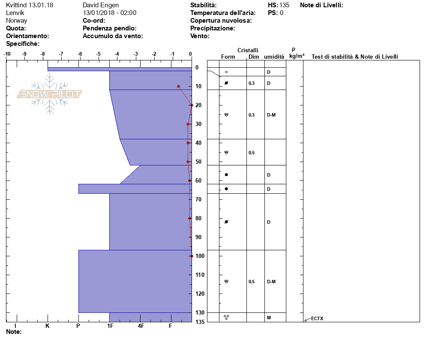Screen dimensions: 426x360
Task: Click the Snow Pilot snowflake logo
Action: (x=49, y=94)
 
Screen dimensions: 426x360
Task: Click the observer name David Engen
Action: (x=101, y=5)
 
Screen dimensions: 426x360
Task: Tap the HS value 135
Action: (x=284, y=5)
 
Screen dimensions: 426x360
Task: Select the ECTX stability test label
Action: (x=317, y=318)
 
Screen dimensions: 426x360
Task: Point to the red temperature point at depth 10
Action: (x=178, y=87)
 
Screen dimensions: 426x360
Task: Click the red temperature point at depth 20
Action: (x=192, y=105)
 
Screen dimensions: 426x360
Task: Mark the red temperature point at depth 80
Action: (x=189, y=218)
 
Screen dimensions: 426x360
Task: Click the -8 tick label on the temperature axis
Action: (x=43, y=54)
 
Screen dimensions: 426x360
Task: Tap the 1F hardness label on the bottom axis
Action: (x=110, y=326)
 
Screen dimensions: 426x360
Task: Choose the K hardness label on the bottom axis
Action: (x=48, y=326)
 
